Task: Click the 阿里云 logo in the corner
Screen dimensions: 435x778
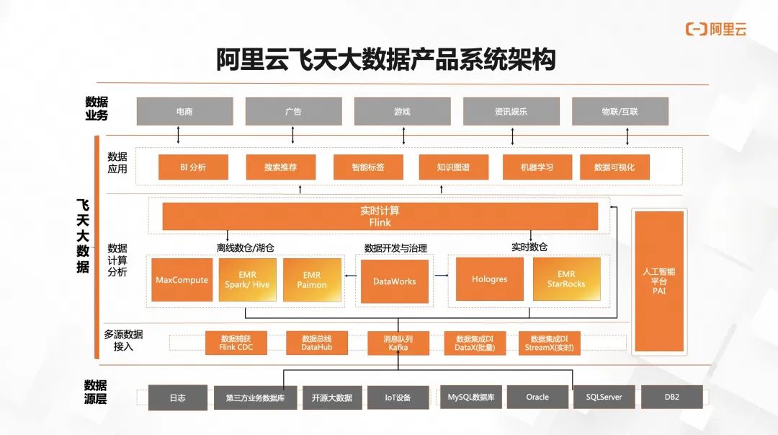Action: click(x=716, y=29)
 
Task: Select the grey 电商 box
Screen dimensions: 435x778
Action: click(x=184, y=112)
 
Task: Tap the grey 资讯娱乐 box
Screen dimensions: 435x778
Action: click(x=511, y=112)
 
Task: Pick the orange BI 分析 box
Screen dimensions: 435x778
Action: click(x=193, y=167)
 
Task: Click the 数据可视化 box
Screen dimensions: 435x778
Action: click(x=614, y=167)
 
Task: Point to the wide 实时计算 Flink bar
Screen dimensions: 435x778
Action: click(x=380, y=216)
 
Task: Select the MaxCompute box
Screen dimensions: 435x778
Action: click(x=182, y=280)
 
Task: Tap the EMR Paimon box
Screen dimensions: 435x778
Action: click(x=311, y=280)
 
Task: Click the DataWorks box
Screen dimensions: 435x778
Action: click(x=394, y=281)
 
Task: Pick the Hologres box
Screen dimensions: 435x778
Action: click(x=489, y=280)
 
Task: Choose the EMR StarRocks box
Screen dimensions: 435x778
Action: click(x=566, y=280)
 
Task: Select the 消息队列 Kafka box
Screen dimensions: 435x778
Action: click(x=398, y=343)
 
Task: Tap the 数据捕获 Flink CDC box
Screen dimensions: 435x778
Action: click(x=236, y=343)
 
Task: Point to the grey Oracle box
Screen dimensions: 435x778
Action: click(x=537, y=397)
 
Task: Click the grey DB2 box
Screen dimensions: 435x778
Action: click(x=671, y=397)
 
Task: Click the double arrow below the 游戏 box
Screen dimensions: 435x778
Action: click(x=403, y=135)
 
